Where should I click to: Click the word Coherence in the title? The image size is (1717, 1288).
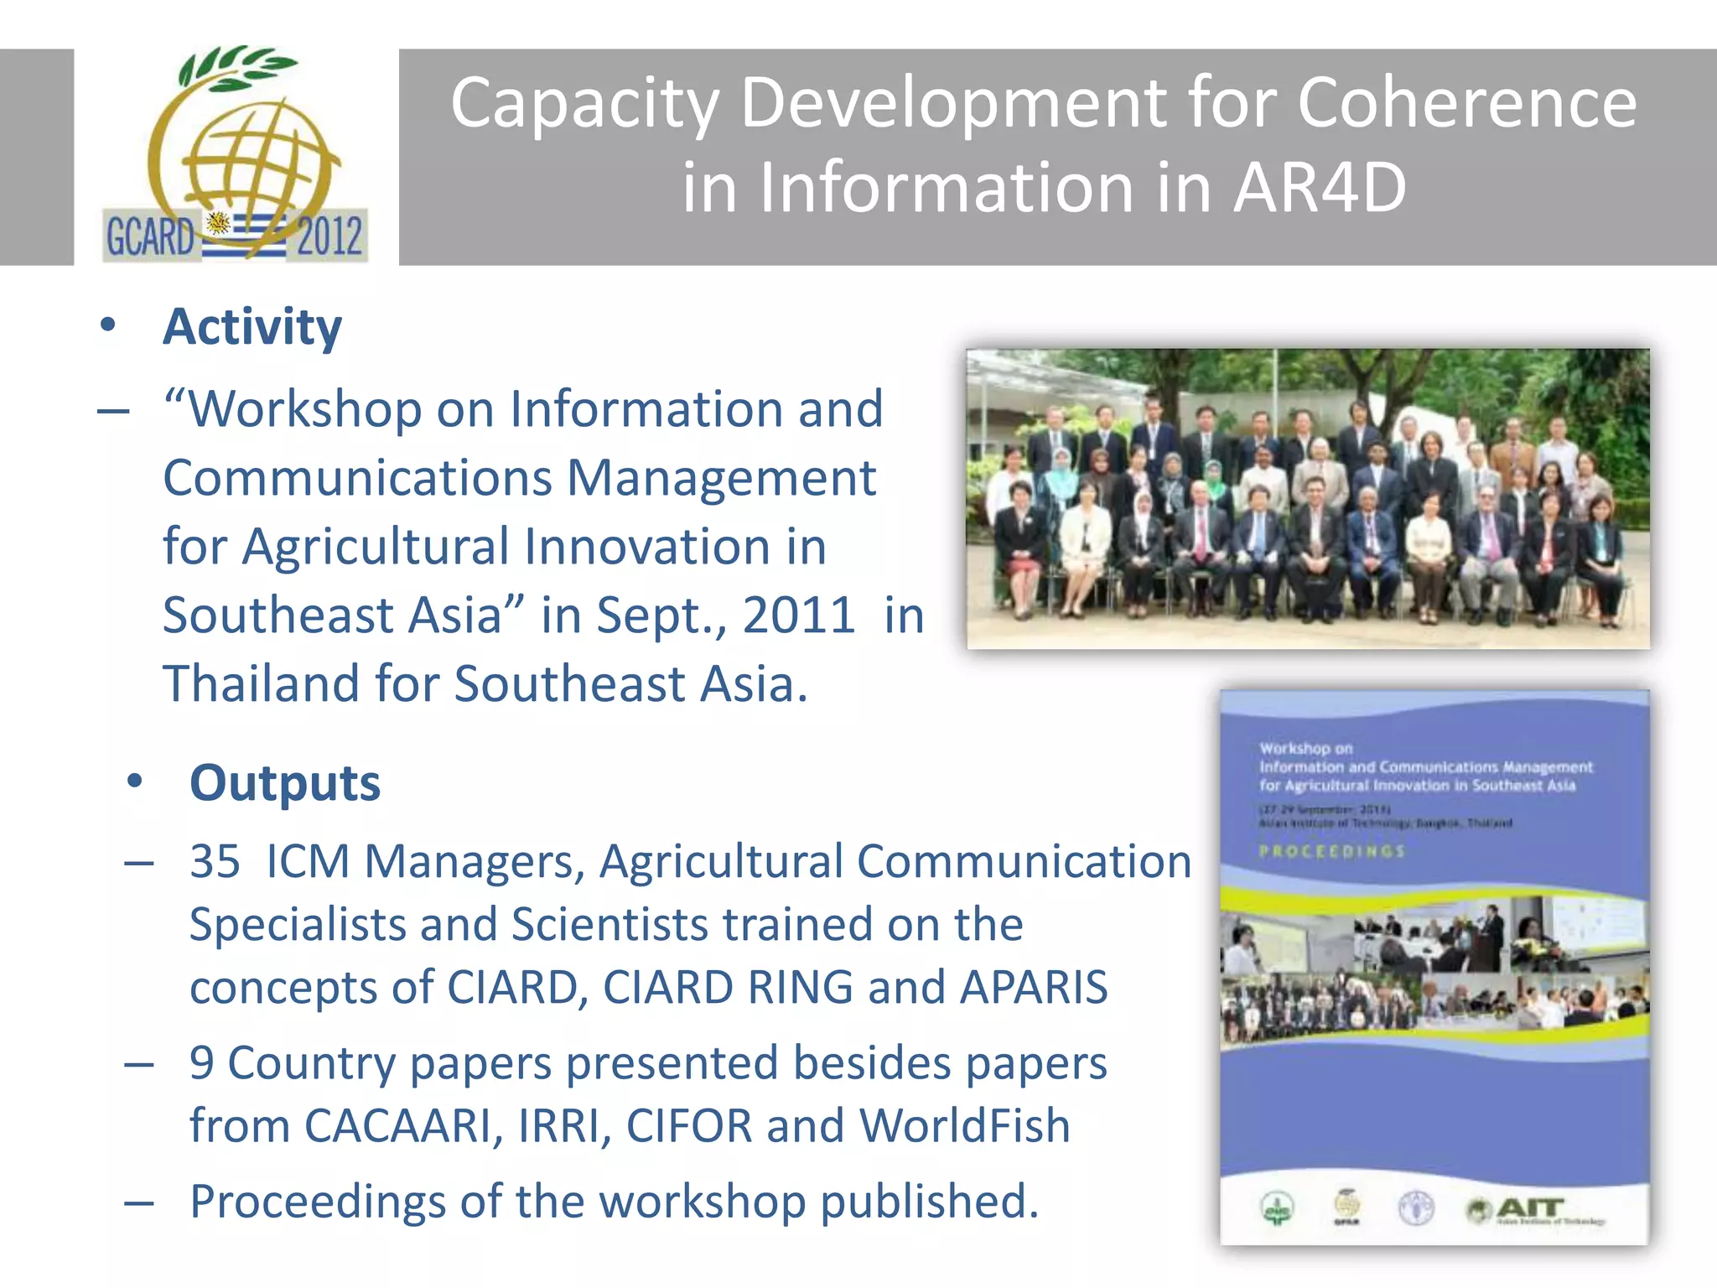(1466, 103)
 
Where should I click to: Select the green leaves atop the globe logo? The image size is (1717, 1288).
(235, 67)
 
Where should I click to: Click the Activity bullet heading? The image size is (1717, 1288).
(252, 326)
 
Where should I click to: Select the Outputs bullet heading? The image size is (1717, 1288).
(285, 783)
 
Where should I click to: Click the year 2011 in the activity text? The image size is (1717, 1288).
(798, 615)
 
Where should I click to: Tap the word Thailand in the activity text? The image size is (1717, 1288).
(260, 683)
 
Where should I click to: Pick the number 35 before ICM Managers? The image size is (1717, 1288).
(215, 861)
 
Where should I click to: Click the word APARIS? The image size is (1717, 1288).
(1034, 987)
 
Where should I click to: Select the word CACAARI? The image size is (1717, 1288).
(397, 1125)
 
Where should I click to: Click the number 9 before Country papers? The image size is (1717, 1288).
(201, 1062)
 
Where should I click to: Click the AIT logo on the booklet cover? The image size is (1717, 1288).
(1530, 1209)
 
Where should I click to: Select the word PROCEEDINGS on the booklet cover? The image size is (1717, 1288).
(1331, 851)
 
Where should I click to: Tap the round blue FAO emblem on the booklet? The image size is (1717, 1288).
(1416, 1208)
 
